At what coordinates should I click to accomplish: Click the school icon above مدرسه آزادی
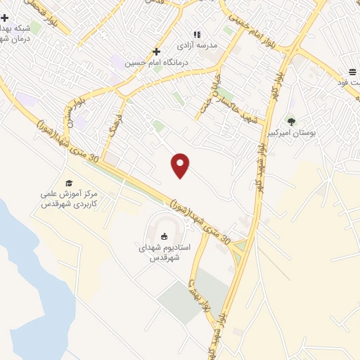click(197, 34)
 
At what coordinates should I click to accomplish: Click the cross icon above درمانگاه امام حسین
click(156, 51)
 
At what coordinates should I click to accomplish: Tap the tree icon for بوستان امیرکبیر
click(291, 121)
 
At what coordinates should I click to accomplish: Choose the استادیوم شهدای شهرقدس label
click(165, 252)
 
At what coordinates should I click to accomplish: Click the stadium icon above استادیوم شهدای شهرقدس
click(165, 236)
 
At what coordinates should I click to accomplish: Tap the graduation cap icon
click(69, 183)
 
